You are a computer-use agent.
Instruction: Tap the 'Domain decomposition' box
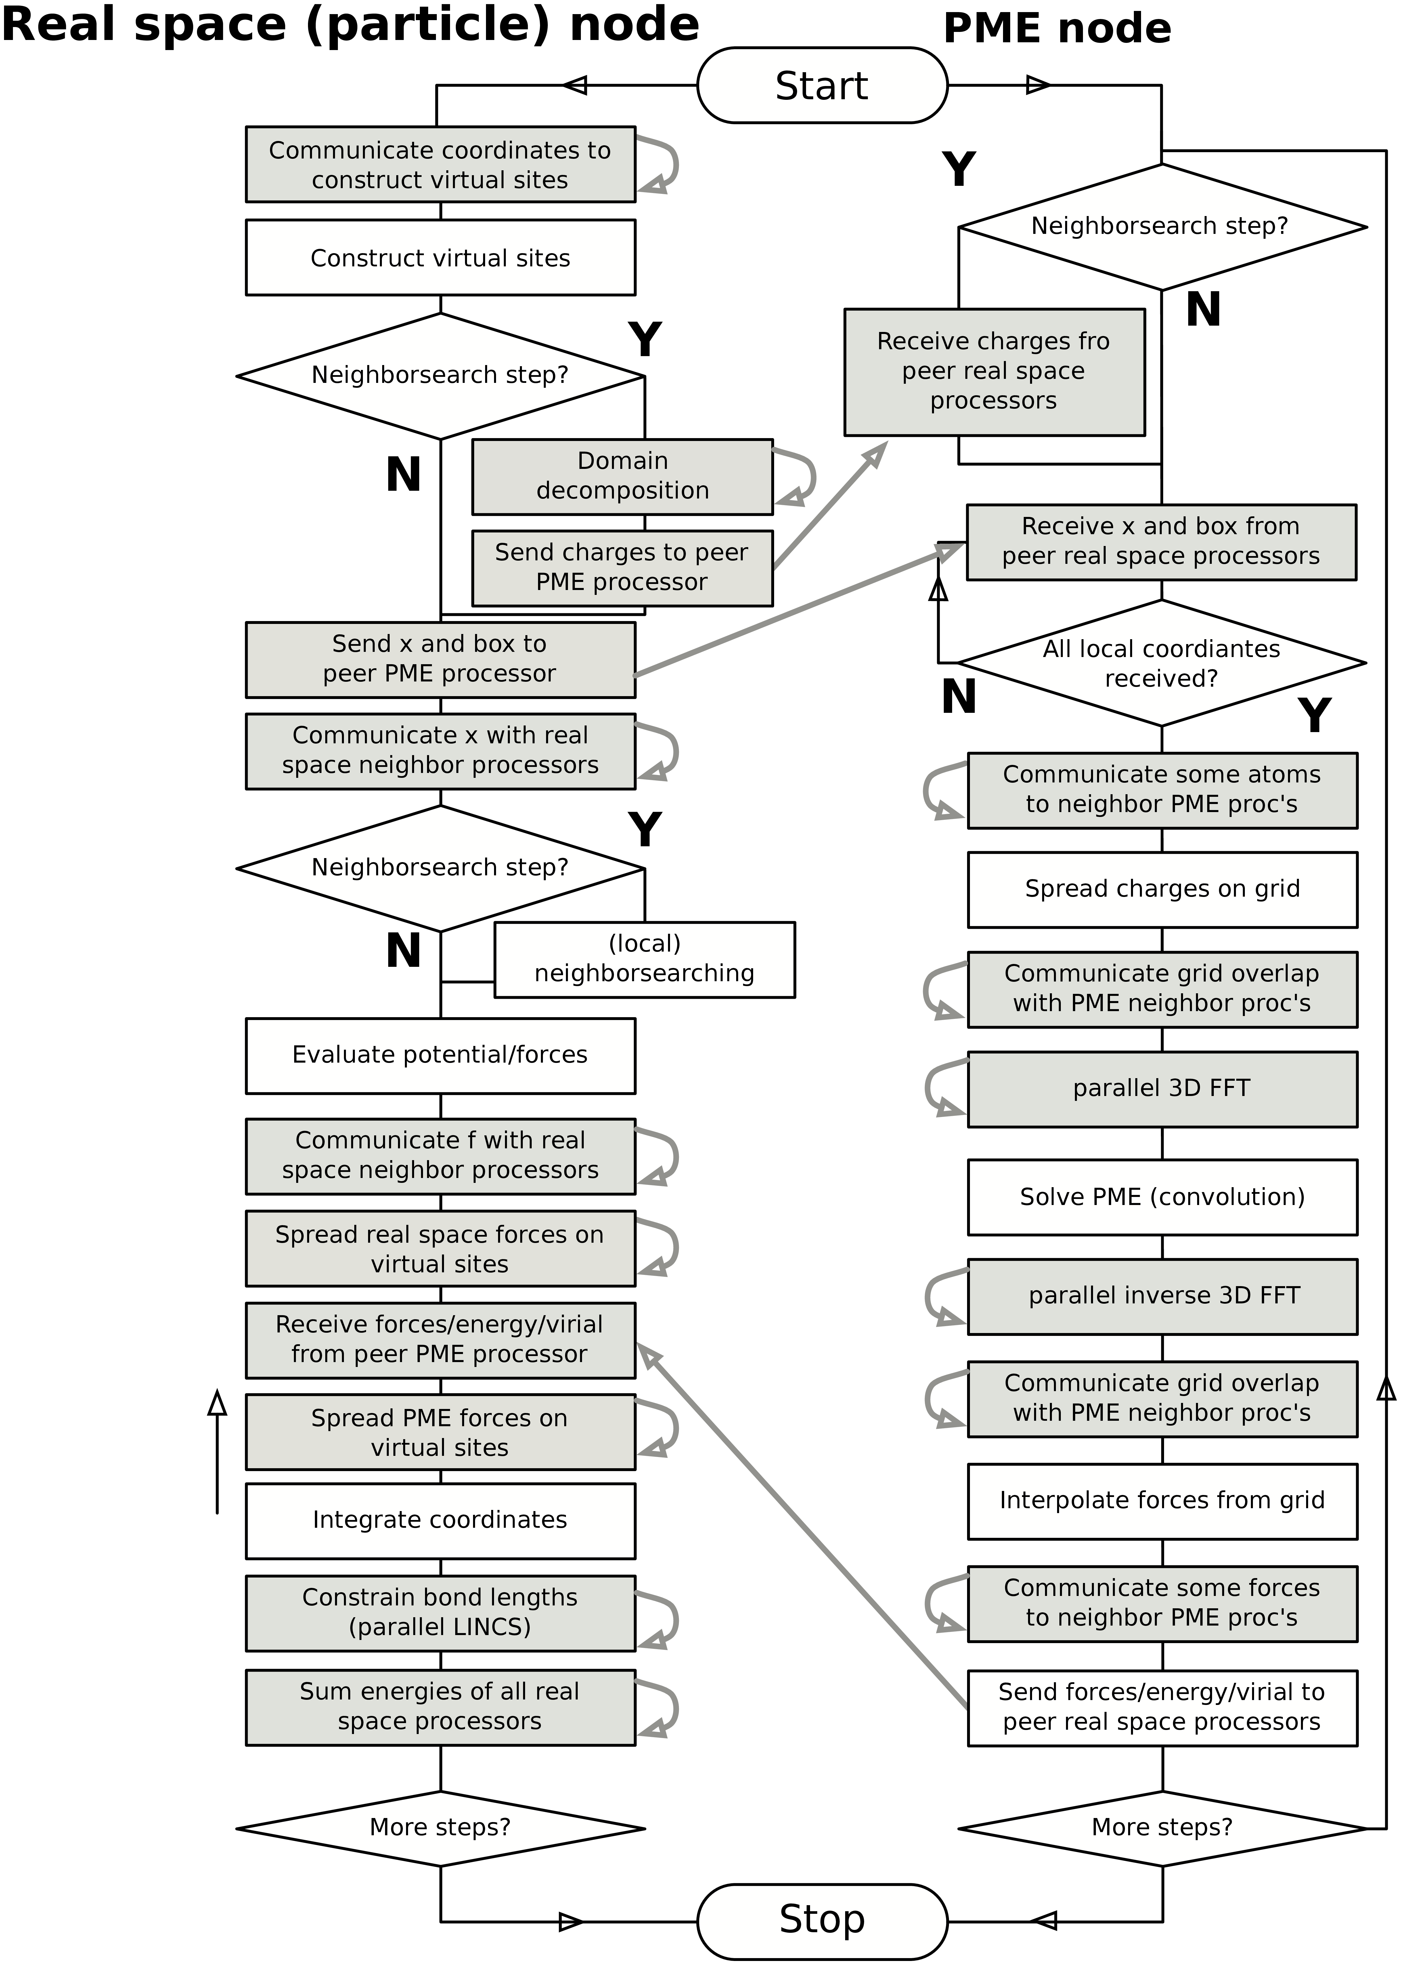[622, 476]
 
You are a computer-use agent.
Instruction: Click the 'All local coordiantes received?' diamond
[1162, 663]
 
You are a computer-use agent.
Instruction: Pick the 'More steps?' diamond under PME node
[1162, 1827]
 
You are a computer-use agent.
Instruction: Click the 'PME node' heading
[1057, 28]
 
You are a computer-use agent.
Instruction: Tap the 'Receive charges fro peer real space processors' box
[994, 371]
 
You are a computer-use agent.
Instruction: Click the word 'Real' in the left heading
[60, 24]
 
